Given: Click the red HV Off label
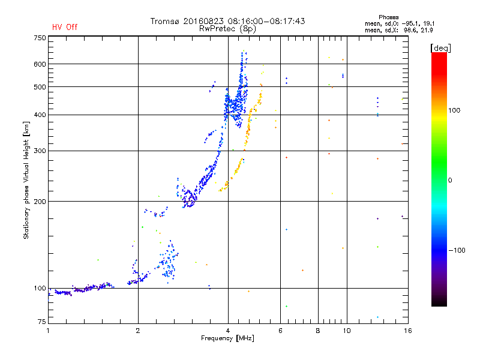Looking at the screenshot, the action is [x=65, y=27].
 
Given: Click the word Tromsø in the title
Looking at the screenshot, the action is [x=164, y=21].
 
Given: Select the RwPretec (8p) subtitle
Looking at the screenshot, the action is [x=227, y=29].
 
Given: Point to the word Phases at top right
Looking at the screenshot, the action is [x=388, y=17].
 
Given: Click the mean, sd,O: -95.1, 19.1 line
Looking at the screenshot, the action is [x=400, y=23].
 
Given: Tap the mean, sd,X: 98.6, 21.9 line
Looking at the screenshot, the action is [x=398, y=30].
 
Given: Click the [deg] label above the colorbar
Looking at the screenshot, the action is [x=440, y=48].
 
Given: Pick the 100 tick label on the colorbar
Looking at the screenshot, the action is [x=454, y=110].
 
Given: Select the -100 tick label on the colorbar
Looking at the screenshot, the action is [x=457, y=250].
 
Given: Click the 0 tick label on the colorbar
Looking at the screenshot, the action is [x=449, y=180].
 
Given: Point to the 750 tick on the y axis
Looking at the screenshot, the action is [x=40, y=38].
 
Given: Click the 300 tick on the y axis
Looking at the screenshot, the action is [x=40, y=151].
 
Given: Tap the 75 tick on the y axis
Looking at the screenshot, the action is [x=42, y=322].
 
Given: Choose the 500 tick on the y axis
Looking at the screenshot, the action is [x=40, y=86].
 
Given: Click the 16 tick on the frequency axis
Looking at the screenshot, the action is [x=408, y=331].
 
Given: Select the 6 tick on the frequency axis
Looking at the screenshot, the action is [x=280, y=331].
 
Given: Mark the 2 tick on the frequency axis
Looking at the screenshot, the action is [x=138, y=331].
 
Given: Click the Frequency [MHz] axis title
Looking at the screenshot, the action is [x=227, y=338].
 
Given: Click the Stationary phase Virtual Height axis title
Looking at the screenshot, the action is [x=26, y=180].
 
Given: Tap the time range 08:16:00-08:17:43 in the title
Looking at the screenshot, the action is [x=266, y=21].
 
